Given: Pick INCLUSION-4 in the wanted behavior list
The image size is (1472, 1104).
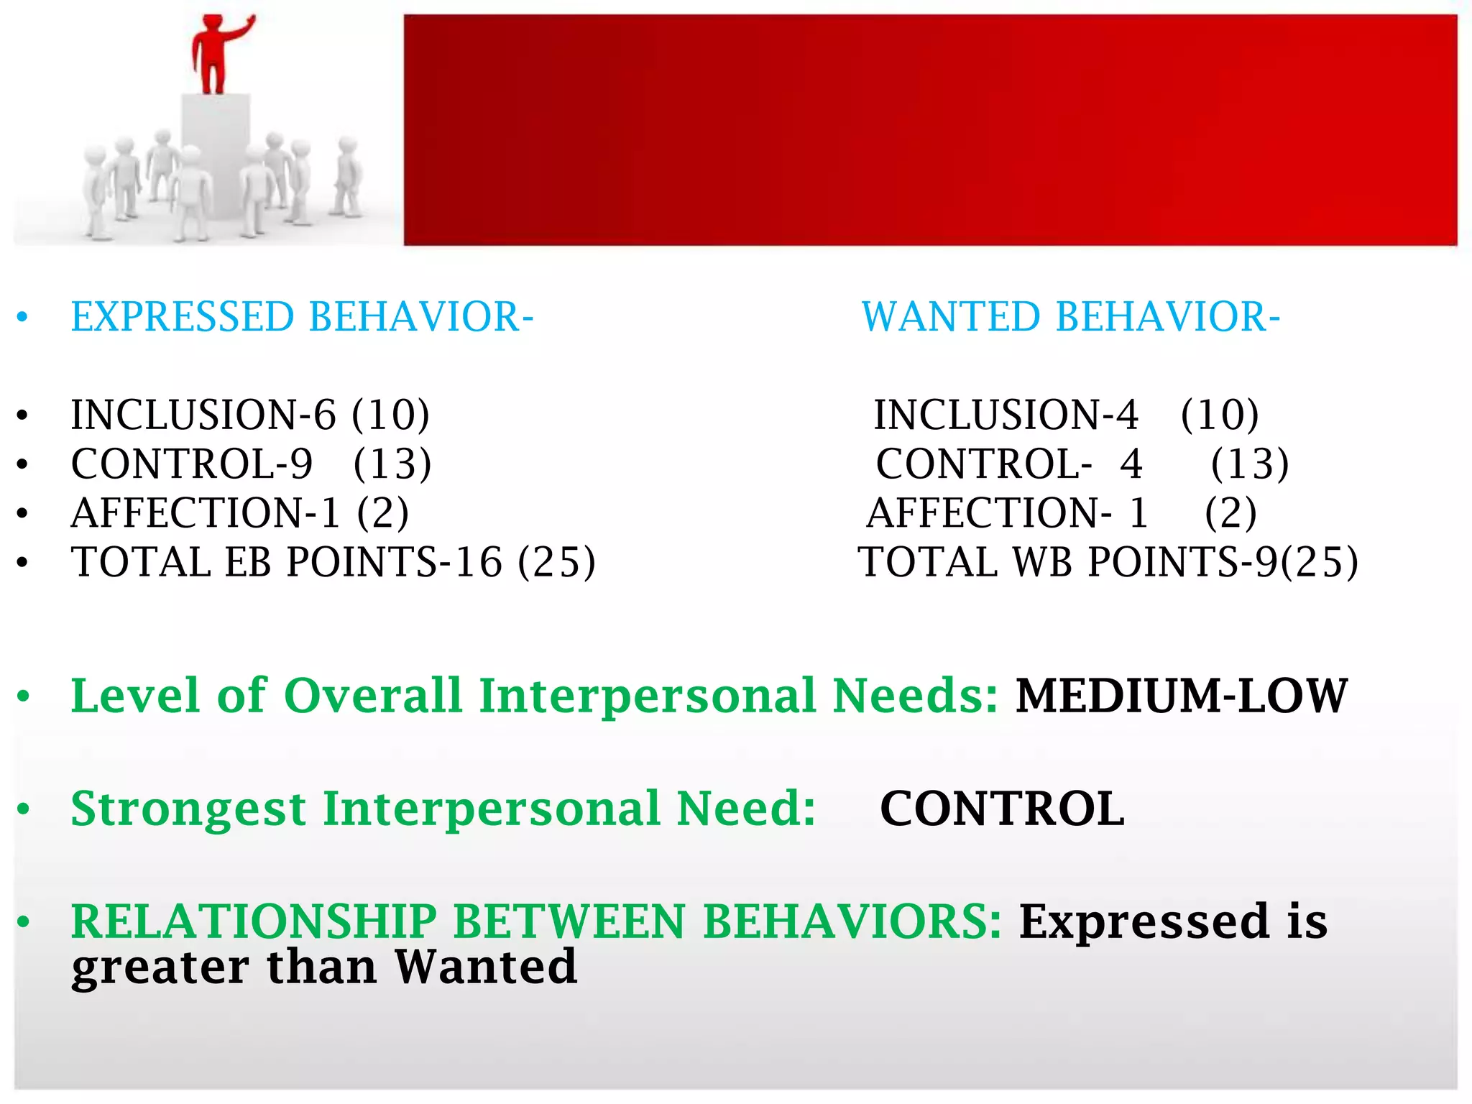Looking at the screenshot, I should [x=1006, y=415].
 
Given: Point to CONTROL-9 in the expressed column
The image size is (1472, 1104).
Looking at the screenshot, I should [x=191, y=464].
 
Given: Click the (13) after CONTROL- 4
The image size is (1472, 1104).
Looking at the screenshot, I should [x=1250, y=464].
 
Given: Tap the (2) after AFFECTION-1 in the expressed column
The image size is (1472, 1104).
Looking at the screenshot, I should [x=383, y=513].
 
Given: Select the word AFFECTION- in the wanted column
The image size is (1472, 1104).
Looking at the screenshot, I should [x=989, y=513].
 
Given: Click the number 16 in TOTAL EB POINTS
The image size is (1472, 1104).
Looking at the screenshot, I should [x=478, y=562].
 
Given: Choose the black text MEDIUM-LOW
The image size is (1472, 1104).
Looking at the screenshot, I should [x=1181, y=696].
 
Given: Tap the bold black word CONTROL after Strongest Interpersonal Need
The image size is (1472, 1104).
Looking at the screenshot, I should [x=1002, y=809].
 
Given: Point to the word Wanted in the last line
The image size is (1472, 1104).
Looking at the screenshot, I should [x=486, y=967].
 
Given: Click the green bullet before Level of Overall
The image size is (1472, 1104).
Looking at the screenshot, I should [x=24, y=696].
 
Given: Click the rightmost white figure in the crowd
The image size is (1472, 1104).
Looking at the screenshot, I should [x=349, y=176].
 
